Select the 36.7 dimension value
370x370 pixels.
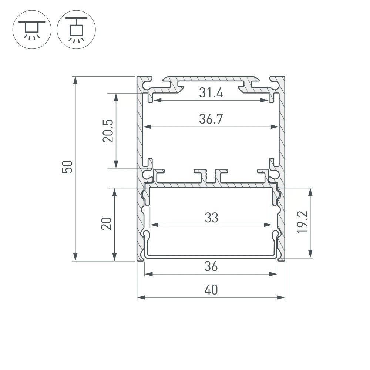pos(211,119)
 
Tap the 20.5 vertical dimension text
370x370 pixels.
pos(108,131)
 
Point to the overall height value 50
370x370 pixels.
pos(67,167)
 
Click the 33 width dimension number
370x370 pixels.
pos(211,218)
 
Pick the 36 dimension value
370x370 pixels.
pos(211,266)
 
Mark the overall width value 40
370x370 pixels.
pos(211,290)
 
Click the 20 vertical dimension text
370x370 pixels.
pos(107,223)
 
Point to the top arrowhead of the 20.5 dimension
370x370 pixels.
pos(116,97)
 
